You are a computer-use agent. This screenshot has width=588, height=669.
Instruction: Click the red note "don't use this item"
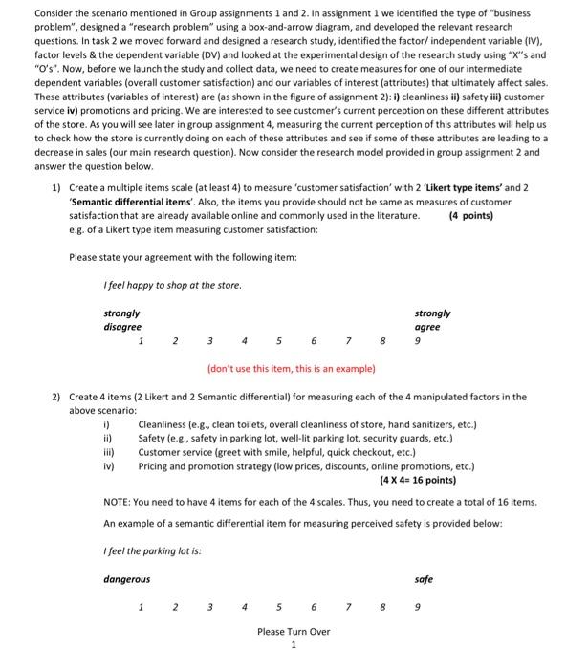click(x=291, y=368)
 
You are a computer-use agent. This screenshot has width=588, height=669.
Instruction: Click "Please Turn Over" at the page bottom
click(x=294, y=631)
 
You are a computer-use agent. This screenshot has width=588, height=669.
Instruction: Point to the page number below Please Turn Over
click(x=294, y=644)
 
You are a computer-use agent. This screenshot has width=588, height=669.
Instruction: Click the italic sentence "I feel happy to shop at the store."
click(x=173, y=285)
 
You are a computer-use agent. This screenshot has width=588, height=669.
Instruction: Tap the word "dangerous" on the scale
click(x=127, y=579)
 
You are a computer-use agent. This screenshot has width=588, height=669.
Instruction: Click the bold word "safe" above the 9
click(x=425, y=579)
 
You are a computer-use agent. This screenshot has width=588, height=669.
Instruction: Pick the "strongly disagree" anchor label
click(x=121, y=320)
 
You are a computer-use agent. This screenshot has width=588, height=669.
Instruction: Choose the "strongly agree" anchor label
click(x=432, y=320)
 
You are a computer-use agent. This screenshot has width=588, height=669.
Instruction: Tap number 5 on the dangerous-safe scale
click(x=278, y=606)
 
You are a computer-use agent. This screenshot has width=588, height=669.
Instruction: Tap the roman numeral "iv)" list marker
click(x=109, y=466)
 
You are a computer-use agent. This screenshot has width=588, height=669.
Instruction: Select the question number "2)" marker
click(x=56, y=397)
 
